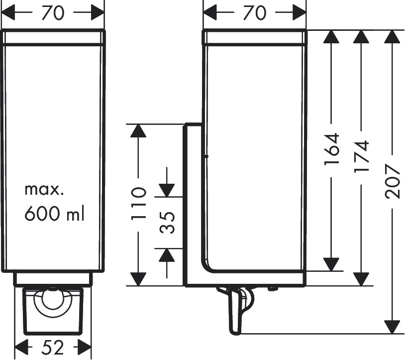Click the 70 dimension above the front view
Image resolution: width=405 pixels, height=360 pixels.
pyautogui.click(x=53, y=13)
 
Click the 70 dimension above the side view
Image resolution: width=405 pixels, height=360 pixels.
pyautogui.click(x=254, y=13)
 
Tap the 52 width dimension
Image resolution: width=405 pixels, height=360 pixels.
pyautogui.click(x=53, y=348)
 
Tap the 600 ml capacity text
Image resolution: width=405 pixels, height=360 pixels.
pyautogui.click(x=54, y=214)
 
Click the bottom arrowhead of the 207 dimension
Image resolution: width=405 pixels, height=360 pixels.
pyautogui.click(x=393, y=326)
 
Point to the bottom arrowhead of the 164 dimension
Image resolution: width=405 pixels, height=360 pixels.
pyautogui.click(x=331, y=264)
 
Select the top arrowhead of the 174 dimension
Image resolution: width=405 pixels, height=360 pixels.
pyautogui.click(x=362, y=37)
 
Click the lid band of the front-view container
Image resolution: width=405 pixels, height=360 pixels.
pyautogui.click(x=54, y=39)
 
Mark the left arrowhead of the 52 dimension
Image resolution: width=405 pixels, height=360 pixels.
pyautogui.click(x=22, y=347)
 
